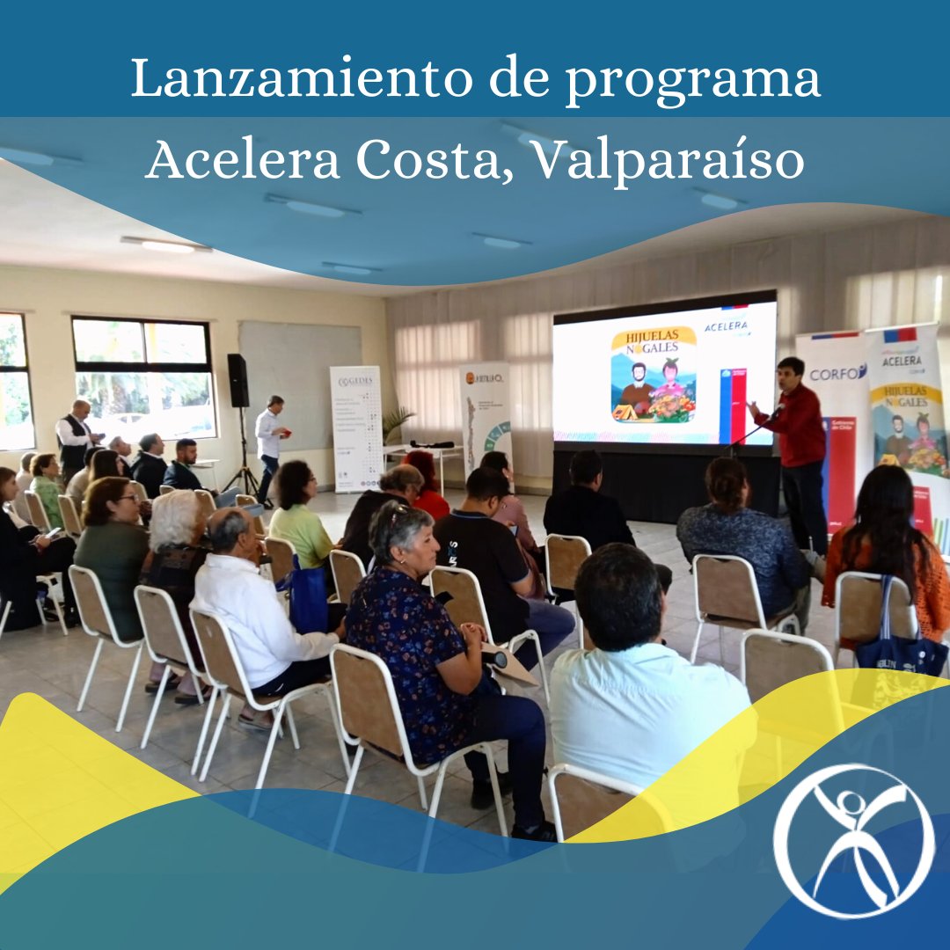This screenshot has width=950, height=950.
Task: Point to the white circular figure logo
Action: click(852, 840)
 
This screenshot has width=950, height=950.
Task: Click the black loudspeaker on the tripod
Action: click(237, 380)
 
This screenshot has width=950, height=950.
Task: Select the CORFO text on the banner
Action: click(837, 372)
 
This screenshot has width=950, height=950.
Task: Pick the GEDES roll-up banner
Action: click(355, 427)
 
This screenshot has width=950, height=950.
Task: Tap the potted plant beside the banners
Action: click(398, 423)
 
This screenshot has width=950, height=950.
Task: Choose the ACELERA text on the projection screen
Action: click(727, 326)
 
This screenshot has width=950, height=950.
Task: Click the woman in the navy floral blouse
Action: click(413, 633)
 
